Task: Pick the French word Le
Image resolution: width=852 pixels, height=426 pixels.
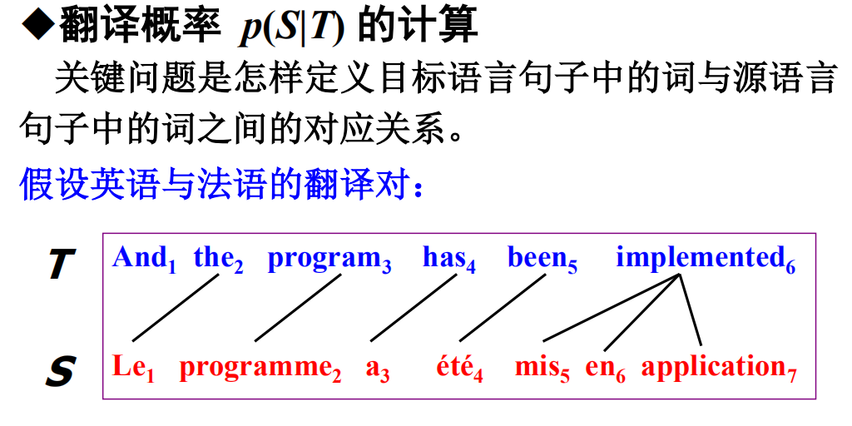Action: coord(129,367)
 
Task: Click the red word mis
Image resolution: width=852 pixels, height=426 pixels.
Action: coord(537,367)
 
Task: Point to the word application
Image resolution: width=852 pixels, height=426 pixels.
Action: coord(713,369)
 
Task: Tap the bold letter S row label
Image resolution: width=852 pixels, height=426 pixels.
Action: coord(60,371)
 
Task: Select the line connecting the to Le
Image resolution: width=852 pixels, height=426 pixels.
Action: coord(175,307)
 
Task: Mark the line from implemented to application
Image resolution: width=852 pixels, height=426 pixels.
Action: coord(691,307)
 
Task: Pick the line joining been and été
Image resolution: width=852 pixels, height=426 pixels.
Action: coord(502,307)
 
